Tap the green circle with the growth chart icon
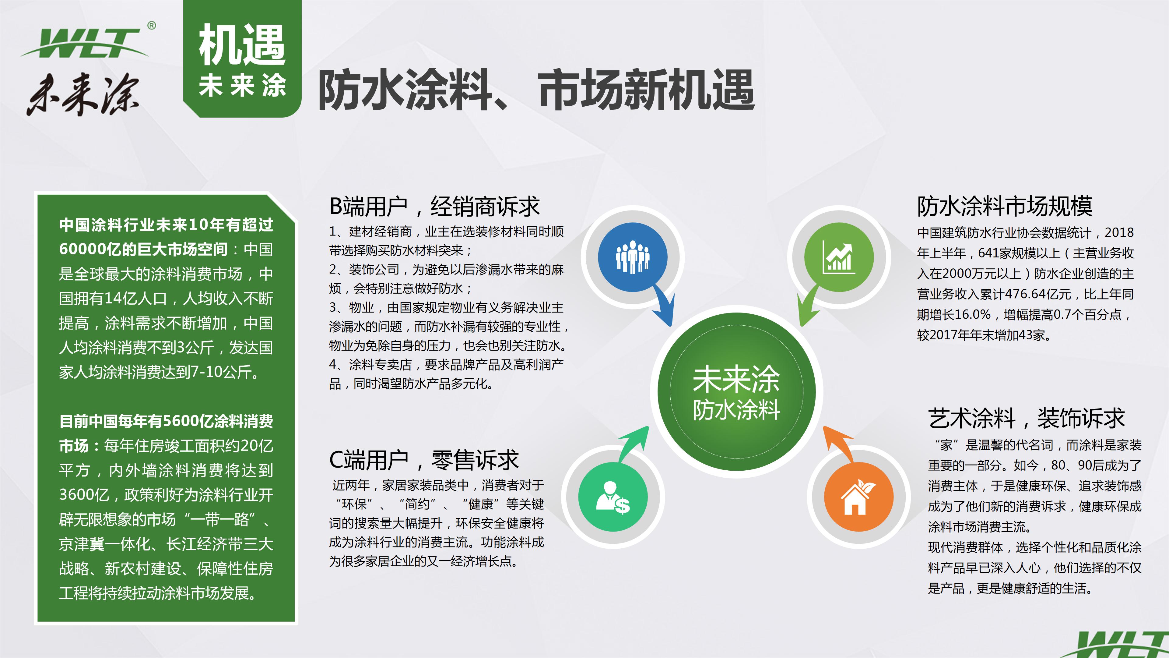(839, 257)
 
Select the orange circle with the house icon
(858, 497)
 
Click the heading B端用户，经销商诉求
(434, 207)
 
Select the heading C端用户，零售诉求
(423, 460)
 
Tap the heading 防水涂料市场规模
(1004, 207)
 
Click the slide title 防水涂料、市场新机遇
(536, 90)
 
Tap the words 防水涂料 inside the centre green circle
(736, 410)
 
